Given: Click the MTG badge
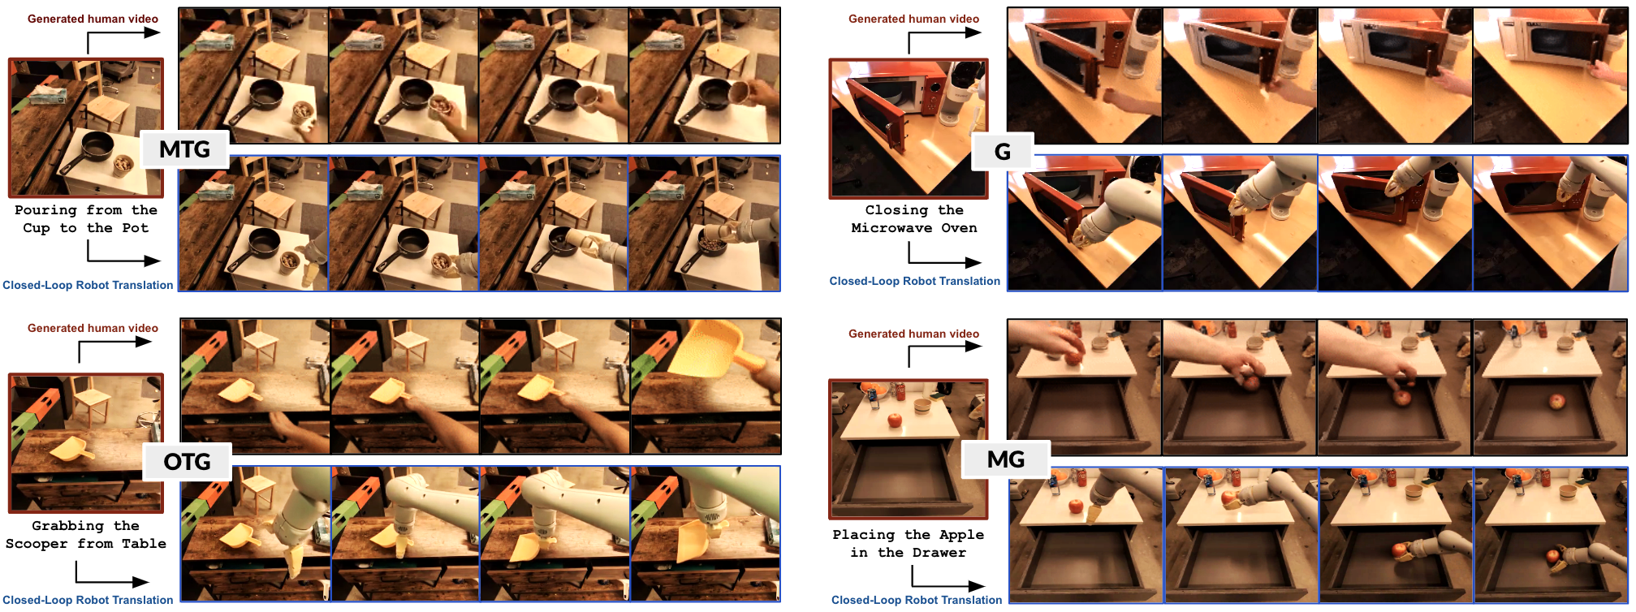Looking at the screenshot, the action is click(x=184, y=149).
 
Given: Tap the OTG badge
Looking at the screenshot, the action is click(x=187, y=462).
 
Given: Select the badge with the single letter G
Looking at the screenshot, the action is click(x=1003, y=152).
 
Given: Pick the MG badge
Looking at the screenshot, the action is click(x=1006, y=459).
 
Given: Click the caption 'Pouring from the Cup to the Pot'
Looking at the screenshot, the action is click(x=85, y=219).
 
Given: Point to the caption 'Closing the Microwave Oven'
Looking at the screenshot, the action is click(x=914, y=219).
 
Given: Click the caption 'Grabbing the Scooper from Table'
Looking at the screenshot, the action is click(x=85, y=535).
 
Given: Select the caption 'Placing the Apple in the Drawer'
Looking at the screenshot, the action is click(x=908, y=544).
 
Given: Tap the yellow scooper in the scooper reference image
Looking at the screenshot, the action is click(x=73, y=447).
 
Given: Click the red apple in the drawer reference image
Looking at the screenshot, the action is click(x=895, y=420).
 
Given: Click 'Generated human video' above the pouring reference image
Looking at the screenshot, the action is click(x=93, y=19).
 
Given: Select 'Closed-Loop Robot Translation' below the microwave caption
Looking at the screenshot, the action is click(x=914, y=281).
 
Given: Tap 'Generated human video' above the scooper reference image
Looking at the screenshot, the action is click(x=93, y=328).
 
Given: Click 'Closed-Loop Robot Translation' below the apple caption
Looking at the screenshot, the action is click(x=917, y=600).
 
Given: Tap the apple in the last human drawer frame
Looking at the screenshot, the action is click(x=1556, y=402).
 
